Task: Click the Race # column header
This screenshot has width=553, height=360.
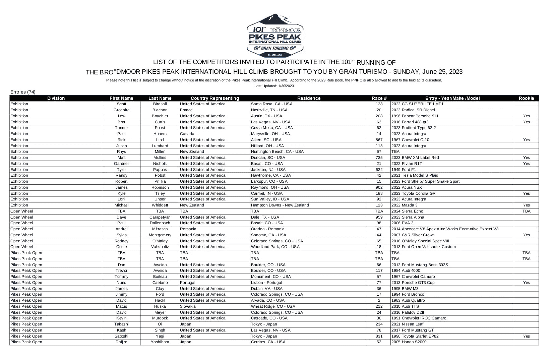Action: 379,98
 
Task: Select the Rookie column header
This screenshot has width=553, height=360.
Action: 526,98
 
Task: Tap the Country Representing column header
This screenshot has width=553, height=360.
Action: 214,98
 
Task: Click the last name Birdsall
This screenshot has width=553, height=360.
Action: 160,104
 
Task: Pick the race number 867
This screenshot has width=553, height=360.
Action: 379,140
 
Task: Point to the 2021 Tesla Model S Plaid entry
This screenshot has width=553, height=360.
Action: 415,175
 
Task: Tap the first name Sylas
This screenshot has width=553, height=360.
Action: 121,235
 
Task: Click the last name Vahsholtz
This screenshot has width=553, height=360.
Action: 160,247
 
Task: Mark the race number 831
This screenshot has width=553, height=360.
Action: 379,336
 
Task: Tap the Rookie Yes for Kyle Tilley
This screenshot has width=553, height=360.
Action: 526,193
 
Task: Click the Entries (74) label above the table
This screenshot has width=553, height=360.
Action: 23,92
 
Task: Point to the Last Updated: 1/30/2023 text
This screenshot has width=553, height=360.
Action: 274,86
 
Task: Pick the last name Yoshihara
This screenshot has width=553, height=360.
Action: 160,342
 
